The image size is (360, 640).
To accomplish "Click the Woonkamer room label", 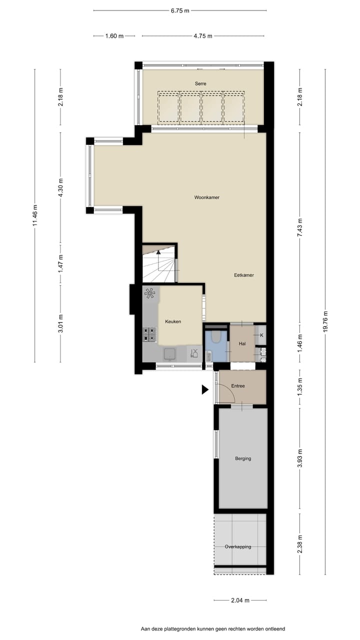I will click(206, 197).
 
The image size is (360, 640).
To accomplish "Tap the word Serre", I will click(200, 83).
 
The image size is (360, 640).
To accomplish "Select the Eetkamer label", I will click(244, 275).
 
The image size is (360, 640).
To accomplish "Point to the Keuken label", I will click(173, 321).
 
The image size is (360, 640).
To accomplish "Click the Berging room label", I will click(243, 458).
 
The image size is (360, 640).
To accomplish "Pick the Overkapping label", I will click(237, 546).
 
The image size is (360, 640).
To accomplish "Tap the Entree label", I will click(238, 386).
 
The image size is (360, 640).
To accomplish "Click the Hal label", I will click(242, 343).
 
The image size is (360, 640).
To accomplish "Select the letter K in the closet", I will click(261, 335).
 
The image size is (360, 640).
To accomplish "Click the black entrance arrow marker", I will click(205, 389).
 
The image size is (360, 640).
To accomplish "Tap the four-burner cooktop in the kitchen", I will click(149, 334).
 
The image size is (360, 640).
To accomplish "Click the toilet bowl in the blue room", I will click(216, 337).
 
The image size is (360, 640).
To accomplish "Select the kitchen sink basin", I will click(170, 354).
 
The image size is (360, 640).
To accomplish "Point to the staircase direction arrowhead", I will click(159, 252).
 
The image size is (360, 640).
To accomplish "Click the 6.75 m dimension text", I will click(180, 10).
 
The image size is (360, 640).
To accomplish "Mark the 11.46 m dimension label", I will click(34, 215).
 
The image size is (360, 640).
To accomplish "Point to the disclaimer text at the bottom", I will click(213, 629).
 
